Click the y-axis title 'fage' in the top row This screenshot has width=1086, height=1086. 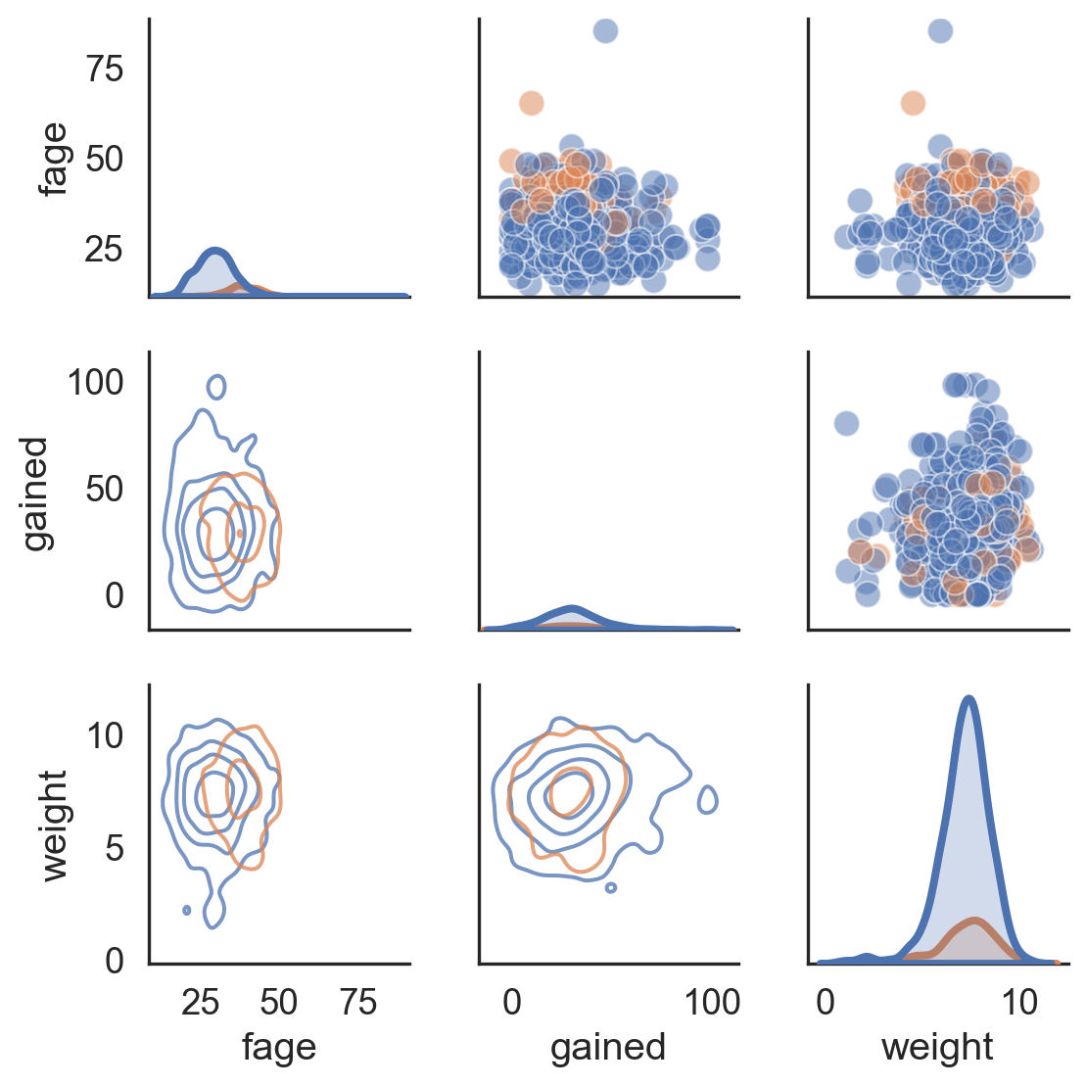tap(54, 159)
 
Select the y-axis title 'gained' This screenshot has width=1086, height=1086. tap(35, 494)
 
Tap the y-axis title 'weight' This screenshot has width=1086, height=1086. tap(54, 826)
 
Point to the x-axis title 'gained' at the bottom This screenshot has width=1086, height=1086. tap(608, 1047)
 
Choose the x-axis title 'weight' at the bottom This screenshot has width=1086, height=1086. tap(937, 1047)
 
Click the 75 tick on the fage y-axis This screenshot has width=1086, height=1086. tap(105, 69)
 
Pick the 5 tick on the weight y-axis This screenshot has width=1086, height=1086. tap(115, 848)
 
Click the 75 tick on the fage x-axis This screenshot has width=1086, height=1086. tap(359, 1002)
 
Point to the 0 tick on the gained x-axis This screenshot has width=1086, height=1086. tap(511, 1002)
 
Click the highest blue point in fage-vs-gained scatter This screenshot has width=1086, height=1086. tap(605, 30)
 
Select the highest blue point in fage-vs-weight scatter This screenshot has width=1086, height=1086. tap(939, 30)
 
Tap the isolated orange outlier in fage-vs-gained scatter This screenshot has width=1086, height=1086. tap(531, 103)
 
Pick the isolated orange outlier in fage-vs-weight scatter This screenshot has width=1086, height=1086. tap(913, 103)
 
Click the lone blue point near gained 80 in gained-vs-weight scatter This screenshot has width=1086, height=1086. tap(846, 424)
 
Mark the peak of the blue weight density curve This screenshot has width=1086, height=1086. tap(968, 698)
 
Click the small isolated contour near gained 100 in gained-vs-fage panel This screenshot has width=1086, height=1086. tap(216, 386)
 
